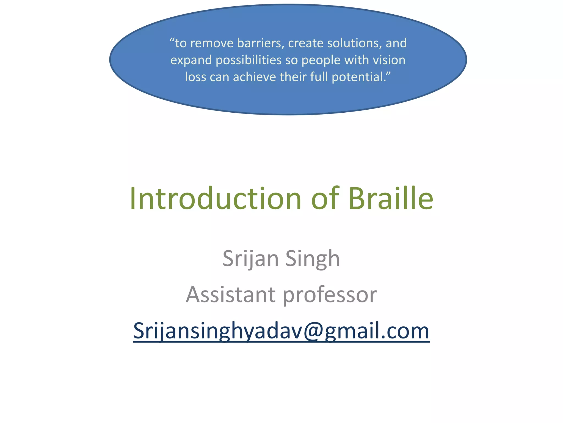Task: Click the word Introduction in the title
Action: pos(215,199)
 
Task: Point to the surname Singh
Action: pos(313,259)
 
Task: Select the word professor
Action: pos(330,295)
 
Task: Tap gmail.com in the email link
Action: pos(377,331)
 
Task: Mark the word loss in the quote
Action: pos(195,77)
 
